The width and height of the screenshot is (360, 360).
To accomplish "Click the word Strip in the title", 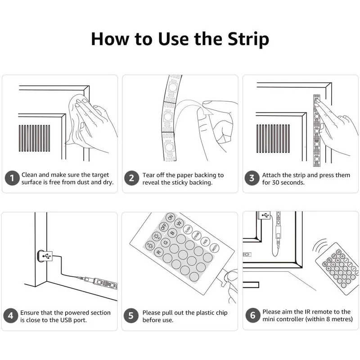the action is (248, 40).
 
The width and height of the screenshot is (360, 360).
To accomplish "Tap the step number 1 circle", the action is (12, 178).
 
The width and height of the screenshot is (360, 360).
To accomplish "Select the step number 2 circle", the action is (131, 178).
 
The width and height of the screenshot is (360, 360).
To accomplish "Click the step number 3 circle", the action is (252, 178).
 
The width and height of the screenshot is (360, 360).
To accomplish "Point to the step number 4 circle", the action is (10, 315).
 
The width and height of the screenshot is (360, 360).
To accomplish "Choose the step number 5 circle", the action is (131, 315).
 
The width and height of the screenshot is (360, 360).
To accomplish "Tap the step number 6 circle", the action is (253, 315).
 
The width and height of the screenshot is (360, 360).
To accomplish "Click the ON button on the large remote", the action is (171, 217).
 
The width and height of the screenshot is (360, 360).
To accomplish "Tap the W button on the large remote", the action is (179, 223).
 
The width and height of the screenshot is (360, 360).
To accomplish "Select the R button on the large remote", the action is (158, 252).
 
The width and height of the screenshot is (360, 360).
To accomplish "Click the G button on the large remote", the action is (166, 242).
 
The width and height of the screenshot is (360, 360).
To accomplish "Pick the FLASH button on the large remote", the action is (188, 229).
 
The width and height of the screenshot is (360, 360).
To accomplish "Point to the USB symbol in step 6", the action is (265, 215).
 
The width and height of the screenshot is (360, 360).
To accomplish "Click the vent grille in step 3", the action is (273, 139).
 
